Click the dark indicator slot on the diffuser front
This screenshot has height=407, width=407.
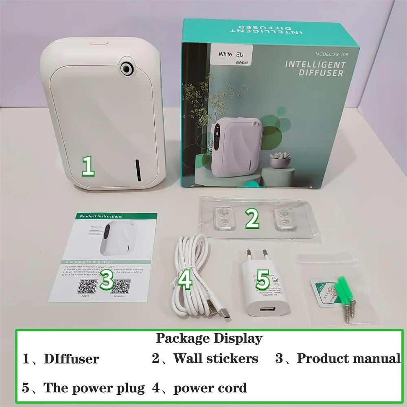tap(138, 170)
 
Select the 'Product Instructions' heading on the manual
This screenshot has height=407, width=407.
tap(101, 217)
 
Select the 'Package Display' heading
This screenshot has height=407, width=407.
tap(209, 338)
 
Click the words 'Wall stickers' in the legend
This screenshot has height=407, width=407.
tap(216, 358)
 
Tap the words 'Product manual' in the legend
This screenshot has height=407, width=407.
tap(348, 358)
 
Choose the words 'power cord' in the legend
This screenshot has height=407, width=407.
tap(210, 388)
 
